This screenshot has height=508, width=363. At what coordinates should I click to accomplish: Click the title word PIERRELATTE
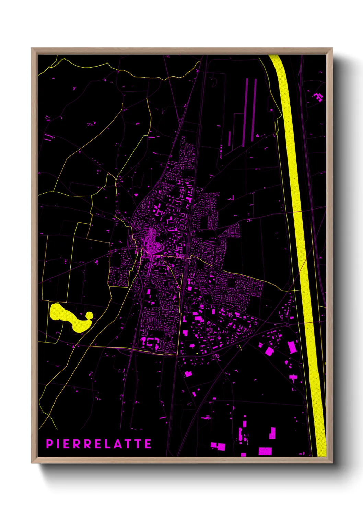[99, 444]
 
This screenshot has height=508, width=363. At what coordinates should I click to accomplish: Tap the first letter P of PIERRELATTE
[49, 444]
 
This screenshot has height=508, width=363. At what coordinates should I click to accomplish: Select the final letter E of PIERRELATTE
[148, 444]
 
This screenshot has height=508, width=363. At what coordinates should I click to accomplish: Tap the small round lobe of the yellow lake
[89, 315]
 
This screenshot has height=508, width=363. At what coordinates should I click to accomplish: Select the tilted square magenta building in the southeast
[269, 351]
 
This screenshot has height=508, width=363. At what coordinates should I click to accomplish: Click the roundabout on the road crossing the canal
[286, 324]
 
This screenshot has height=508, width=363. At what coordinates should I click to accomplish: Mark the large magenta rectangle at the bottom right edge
[265, 451]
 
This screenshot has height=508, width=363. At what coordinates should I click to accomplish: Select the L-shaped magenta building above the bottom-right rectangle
[272, 433]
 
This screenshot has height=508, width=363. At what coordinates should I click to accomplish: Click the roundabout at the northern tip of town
[180, 120]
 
